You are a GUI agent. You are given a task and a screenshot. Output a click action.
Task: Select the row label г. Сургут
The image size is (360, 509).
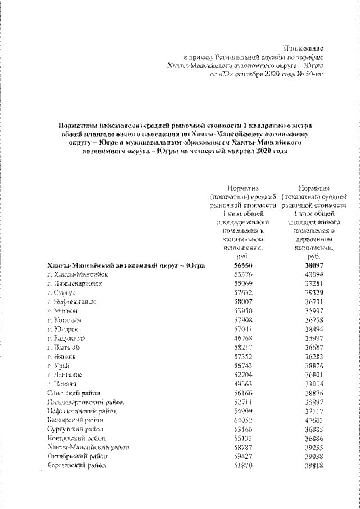[57, 294]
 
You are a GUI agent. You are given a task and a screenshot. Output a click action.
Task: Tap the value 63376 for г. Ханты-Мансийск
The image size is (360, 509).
[242, 274]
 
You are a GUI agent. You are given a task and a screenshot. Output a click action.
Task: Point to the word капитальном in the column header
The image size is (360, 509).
[242, 239]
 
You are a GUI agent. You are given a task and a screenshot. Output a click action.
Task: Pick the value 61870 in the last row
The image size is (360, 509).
[242, 466]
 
